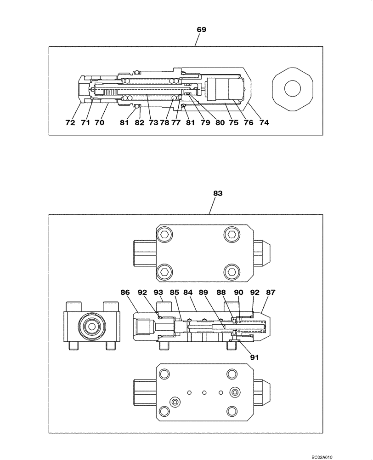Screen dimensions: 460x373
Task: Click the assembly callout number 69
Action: click(x=201, y=29)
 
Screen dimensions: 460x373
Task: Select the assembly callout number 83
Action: click(x=218, y=194)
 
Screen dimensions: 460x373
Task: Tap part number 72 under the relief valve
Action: click(x=70, y=123)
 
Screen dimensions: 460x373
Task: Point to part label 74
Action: click(x=263, y=123)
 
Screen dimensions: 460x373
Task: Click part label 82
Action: click(x=139, y=123)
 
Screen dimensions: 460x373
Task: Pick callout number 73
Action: click(x=153, y=123)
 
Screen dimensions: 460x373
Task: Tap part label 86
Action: click(x=125, y=292)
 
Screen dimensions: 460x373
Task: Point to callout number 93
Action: click(x=158, y=292)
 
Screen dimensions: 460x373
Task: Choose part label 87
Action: click(x=270, y=292)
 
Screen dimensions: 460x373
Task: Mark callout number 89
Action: click(x=203, y=292)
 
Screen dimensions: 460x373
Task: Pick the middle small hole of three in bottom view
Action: click(x=205, y=392)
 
